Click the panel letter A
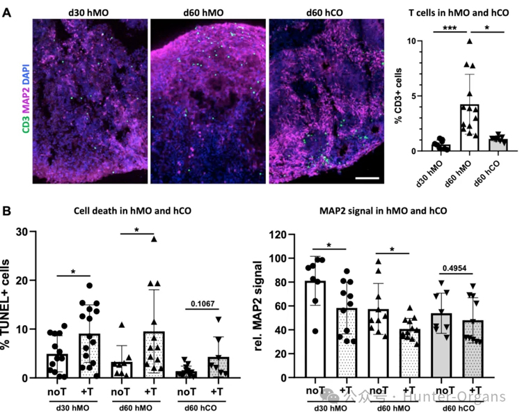pos(8,13)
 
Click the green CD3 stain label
pos(25,123)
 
